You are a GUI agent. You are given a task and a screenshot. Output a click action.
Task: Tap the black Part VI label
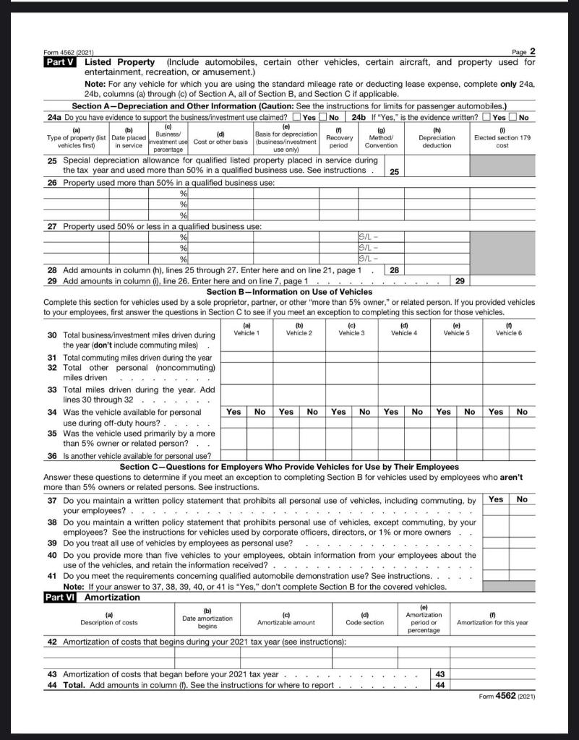(61, 598)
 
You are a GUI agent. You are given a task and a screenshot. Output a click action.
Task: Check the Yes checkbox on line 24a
(296, 117)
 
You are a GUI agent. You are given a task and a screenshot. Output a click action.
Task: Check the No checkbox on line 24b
(513, 117)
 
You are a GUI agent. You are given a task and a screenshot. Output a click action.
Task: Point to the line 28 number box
(394, 270)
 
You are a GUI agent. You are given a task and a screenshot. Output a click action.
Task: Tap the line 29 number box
(459, 280)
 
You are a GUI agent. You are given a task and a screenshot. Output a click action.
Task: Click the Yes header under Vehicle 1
(233, 411)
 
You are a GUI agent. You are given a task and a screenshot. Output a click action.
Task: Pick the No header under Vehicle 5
(469, 411)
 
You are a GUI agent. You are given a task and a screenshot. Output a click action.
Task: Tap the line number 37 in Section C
(52, 500)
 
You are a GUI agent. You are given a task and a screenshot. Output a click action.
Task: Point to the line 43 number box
(440, 674)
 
